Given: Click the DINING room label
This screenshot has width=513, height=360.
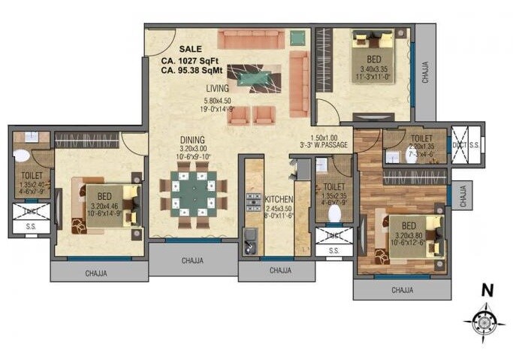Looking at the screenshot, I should (x=192, y=139).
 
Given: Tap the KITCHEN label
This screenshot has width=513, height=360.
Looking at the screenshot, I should (x=279, y=199).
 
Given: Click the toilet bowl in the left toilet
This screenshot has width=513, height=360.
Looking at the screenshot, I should (x=20, y=156).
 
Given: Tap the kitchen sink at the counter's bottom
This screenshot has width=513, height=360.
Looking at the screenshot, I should (x=250, y=244).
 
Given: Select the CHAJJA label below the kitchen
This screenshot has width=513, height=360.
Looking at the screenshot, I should (x=279, y=270).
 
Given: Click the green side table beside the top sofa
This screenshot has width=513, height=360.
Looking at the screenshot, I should (x=298, y=38).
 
